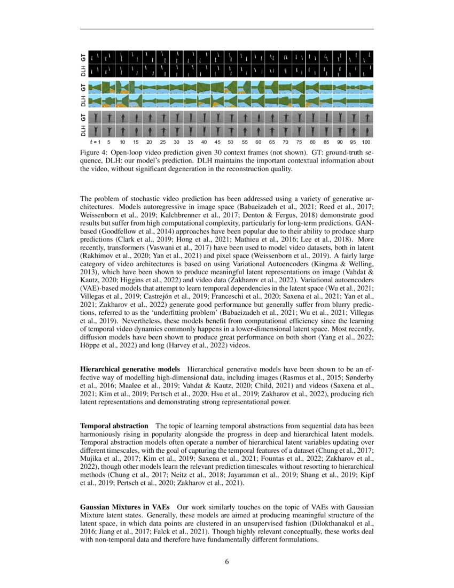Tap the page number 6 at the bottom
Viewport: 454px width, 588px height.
pos(227,562)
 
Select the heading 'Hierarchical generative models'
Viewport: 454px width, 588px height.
pos(130,369)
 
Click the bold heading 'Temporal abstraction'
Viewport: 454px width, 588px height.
pos(114,425)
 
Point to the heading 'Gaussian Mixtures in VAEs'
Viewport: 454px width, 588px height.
pos(125,506)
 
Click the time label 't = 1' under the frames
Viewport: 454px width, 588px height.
pos(95,143)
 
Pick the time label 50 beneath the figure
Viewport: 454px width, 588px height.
pos(231,143)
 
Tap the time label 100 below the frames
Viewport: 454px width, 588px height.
pos(366,143)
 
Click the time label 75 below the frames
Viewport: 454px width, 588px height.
pos(299,143)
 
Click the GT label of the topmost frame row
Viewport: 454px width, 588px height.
pos(83,57)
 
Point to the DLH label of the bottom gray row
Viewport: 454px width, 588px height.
pos(83,130)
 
